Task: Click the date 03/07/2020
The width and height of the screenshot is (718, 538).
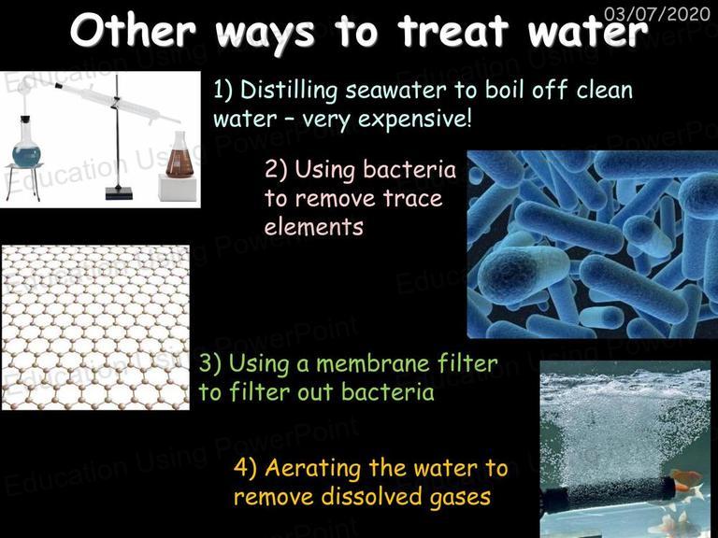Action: [656, 14]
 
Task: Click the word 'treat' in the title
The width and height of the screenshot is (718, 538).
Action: [453, 31]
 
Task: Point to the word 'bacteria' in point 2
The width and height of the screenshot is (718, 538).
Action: [409, 170]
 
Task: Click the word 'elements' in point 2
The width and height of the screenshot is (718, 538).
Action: [314, 227]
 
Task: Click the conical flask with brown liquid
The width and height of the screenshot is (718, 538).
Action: [179, 155]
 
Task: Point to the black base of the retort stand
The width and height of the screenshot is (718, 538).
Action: [119, 193]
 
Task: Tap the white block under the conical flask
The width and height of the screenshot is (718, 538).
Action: [178, 188]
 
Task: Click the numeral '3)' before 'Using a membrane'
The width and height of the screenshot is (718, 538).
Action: [210, 364]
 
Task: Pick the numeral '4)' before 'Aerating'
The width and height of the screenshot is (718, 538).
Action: [246, 469]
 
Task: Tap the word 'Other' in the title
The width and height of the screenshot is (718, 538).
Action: [134, 31]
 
